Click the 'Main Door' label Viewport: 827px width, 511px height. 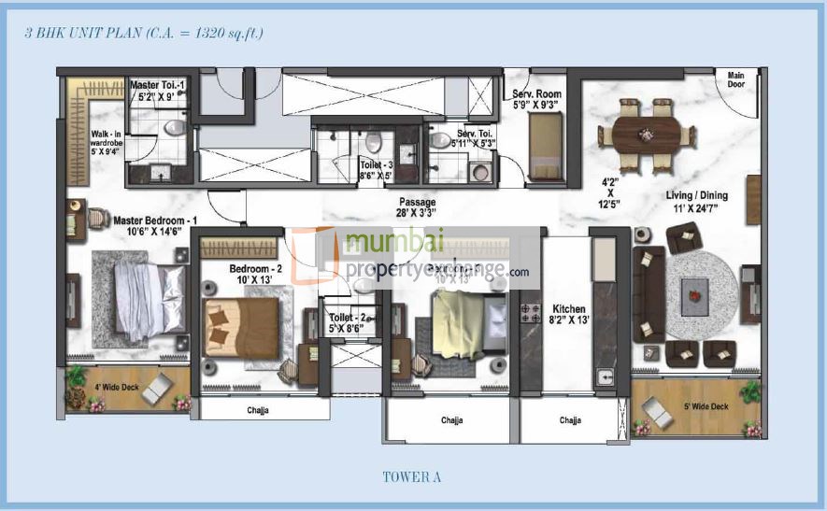coord(737,80)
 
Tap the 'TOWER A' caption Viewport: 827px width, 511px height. coord(411,477)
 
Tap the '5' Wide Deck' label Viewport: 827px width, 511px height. coord(706,406)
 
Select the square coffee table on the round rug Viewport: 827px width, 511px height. coord(693,298)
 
